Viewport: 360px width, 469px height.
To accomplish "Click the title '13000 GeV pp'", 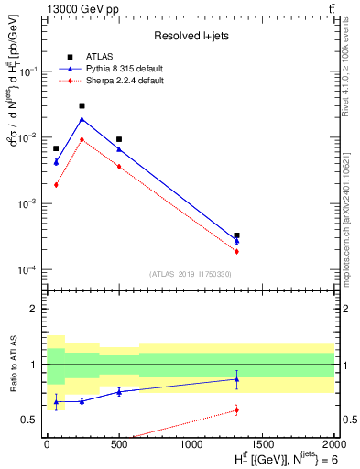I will pyautogui.click(x=76, y=8).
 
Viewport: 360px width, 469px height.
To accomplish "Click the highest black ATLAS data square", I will pyautogui.click(x=82, y=106).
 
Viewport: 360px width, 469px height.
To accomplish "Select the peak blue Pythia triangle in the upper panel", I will pyautogui.click(x=82, y=119).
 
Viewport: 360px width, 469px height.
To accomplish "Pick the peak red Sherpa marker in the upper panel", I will pyautogui.click(x=82, y=139).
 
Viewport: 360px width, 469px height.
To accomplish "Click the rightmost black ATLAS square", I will pyautogui.click(x=236, y=235).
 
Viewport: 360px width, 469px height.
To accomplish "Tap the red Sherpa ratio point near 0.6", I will pyautogui.click(x=236, y=410).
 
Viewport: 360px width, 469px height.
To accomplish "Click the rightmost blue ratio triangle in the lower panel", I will pyautogui.click(x=236, y=379).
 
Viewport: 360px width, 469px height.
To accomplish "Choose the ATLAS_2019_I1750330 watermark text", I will pyautogui.click(x=190, y=274).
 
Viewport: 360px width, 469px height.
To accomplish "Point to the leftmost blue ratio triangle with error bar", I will pyautogui.click(x=56, y=401).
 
